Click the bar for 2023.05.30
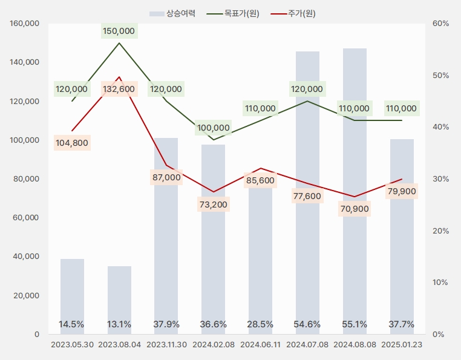[72, 296]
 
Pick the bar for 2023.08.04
[119, 299]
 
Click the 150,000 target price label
[119, 31]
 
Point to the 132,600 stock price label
[119, 89]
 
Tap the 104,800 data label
[72, 143]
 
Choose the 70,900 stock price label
[355, 209]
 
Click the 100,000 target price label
[213, 128]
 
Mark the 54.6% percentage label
[307, 324]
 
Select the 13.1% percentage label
[119, 324]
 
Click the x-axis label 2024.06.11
[260, 345]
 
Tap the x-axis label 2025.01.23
[402, 345]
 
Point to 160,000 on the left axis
[25, 24]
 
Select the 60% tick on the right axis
[441, 24]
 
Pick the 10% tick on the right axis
[441, 283]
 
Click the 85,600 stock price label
[260, 180]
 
